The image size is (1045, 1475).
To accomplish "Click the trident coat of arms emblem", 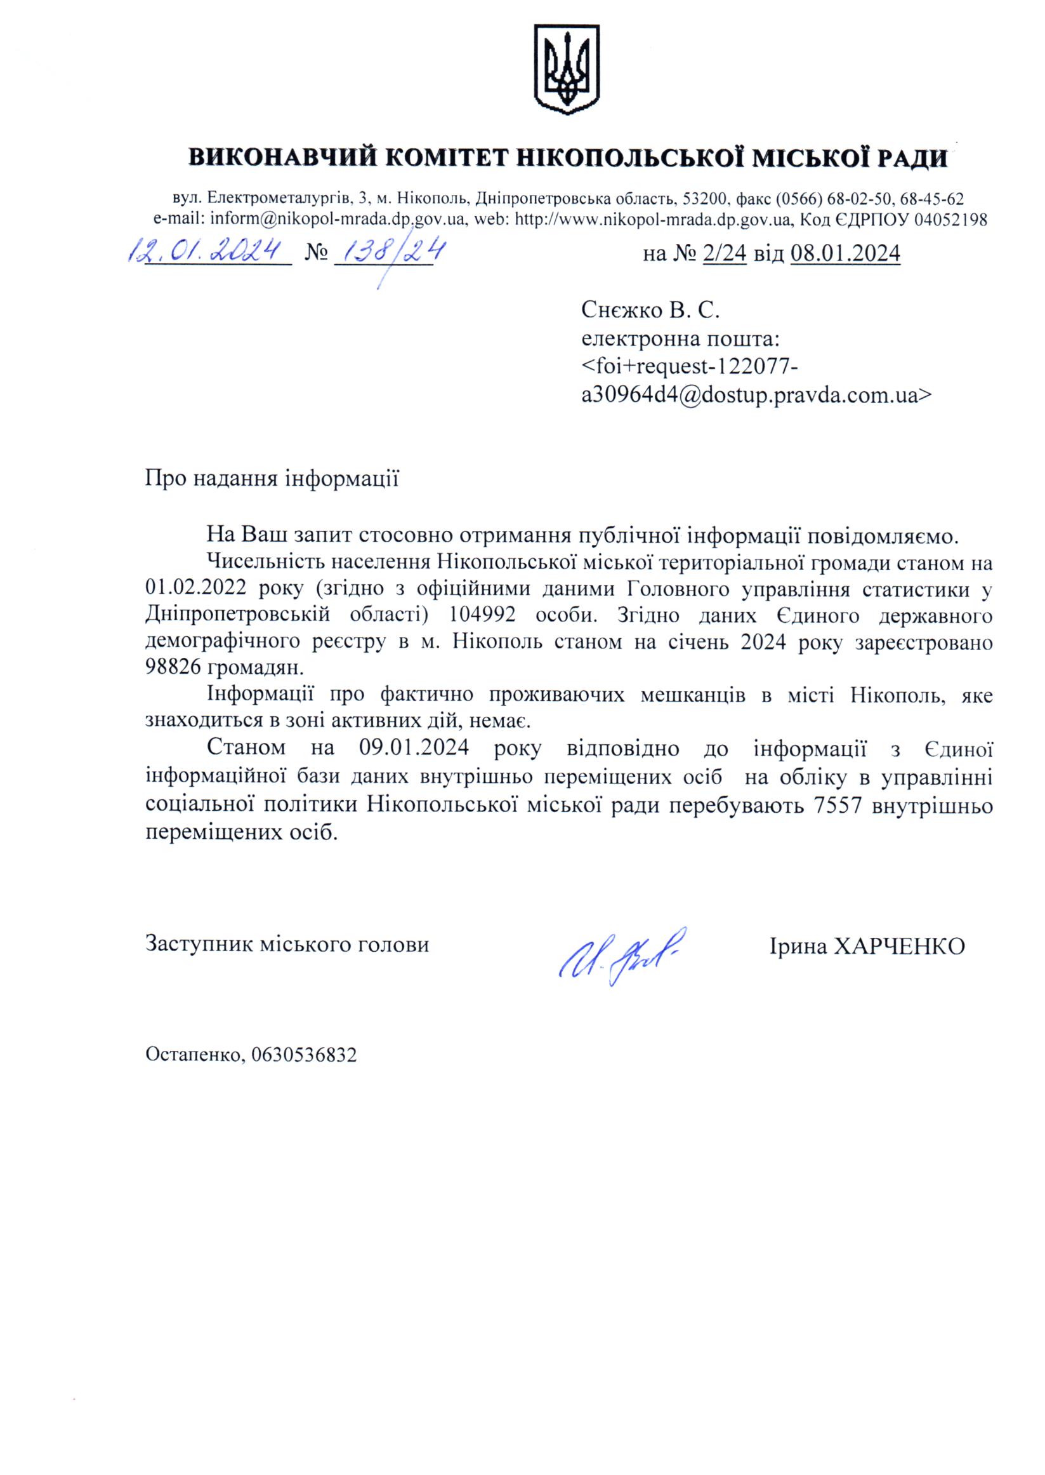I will click(566, 69).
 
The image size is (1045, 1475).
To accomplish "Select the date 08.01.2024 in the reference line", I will click(845, 255).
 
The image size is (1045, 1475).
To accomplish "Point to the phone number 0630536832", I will click(305, 1055).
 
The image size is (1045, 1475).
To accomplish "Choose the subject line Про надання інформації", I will click(272, 479).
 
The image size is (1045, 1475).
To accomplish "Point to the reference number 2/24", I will click(725, 255).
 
